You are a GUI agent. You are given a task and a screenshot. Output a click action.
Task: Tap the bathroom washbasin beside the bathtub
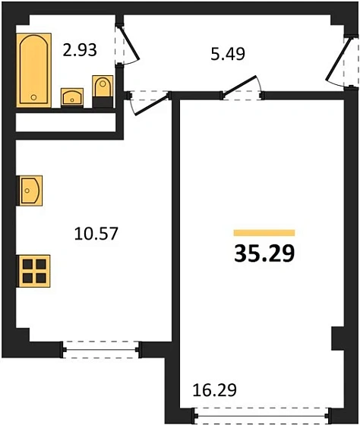click(x=71, y=96)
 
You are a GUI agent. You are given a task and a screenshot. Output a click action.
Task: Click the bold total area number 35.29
click(x=263, y=252)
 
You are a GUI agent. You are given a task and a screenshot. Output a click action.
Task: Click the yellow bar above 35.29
click(x=264, y=232)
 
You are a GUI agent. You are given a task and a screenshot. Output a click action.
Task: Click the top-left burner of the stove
click(x=27, y=263)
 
